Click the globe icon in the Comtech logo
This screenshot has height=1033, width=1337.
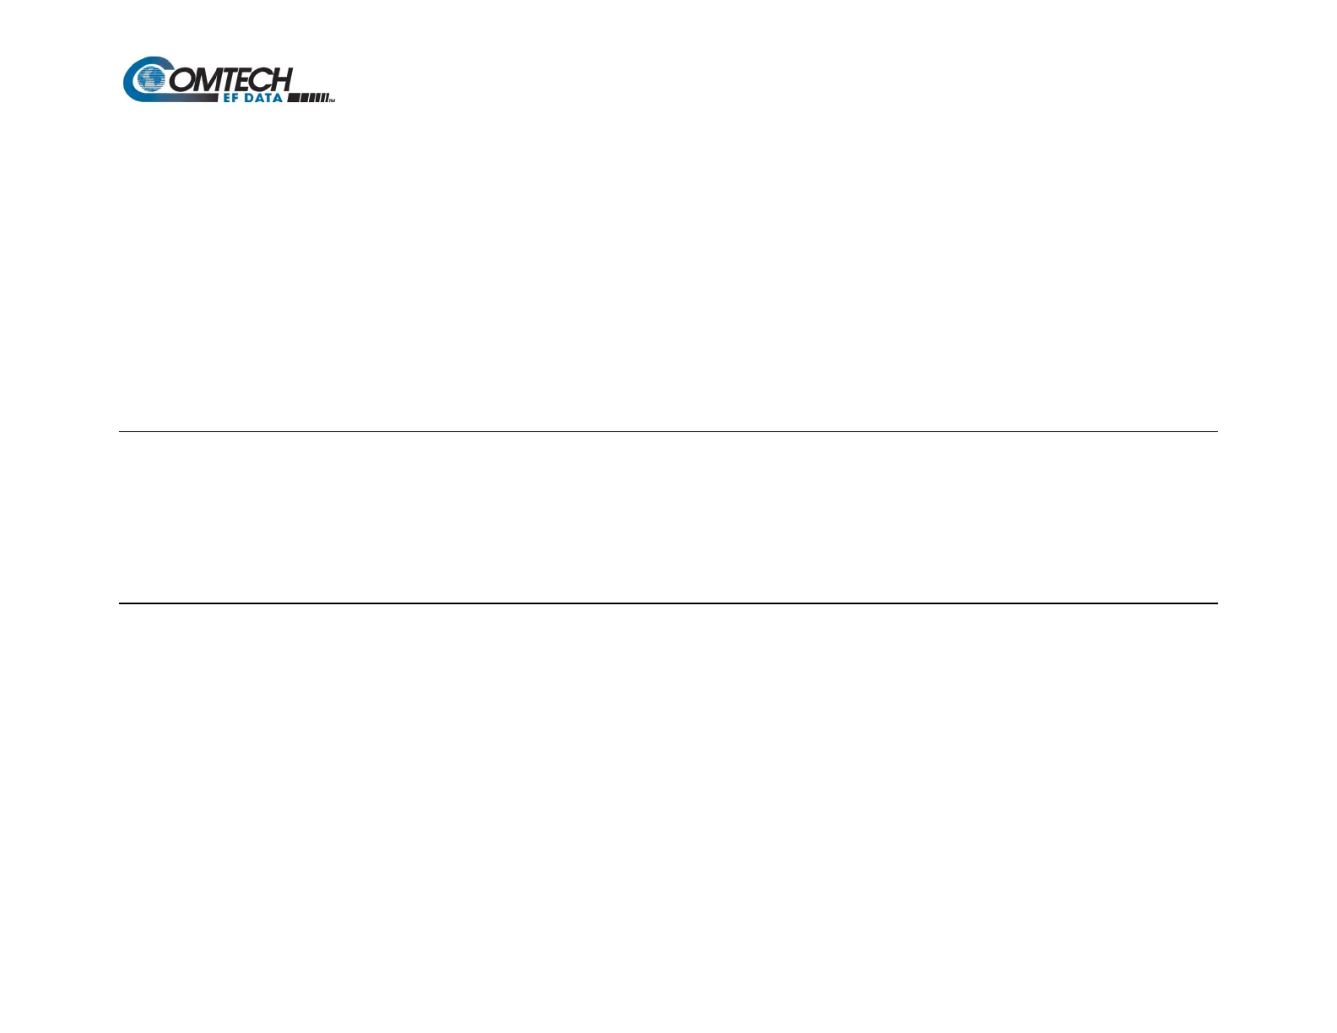coord(152,79)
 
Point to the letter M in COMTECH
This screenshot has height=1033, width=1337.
coord(209,79)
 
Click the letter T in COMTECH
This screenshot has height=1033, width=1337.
coord(233,79)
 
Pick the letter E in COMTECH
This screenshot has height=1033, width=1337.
coord(248,79)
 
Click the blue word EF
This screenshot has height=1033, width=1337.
coord(230,98)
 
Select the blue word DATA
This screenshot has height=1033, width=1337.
coord(263,98)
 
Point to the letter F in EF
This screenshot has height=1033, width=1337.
coord(235,98)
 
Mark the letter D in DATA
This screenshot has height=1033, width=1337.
coord(250,98)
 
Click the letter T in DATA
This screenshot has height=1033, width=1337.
coord(268,98)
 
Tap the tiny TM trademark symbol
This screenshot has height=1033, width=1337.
coord(333,100)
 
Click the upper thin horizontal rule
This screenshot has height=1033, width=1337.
coord(668,431)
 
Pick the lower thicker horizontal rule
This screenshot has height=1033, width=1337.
coord(668,603)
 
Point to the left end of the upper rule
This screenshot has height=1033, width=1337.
coord(121,431)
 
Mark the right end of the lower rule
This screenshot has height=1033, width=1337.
coord(1215,603)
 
